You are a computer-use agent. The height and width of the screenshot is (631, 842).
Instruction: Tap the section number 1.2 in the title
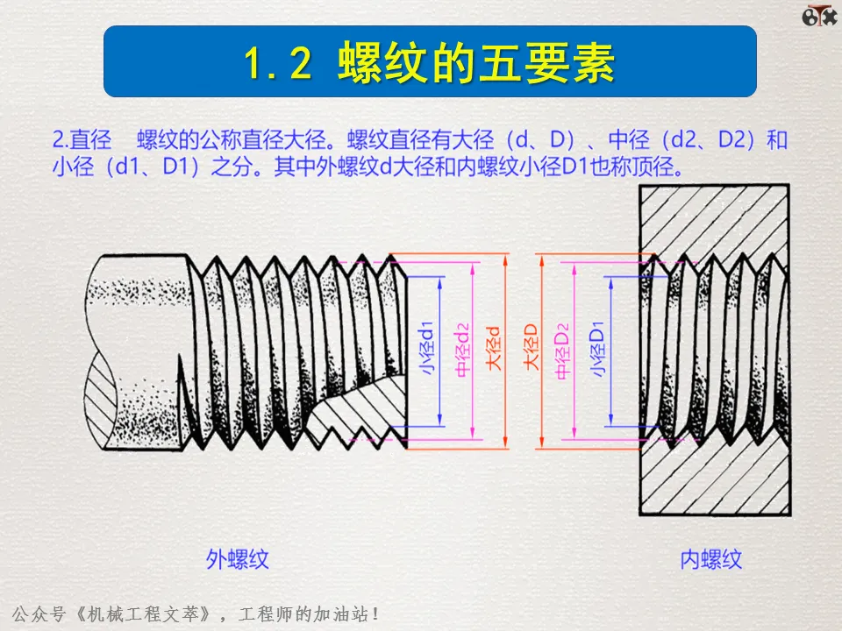(278, 64)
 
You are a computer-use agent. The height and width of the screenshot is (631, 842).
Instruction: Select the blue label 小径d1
(428, 350)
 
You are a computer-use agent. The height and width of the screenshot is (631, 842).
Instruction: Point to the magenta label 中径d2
(463, 350)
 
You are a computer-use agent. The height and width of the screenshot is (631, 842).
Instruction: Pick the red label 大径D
(531, 350)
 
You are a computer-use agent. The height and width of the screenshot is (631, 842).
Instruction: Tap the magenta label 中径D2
(566, 350)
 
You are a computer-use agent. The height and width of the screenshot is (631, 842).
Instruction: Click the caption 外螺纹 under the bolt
(237, 559)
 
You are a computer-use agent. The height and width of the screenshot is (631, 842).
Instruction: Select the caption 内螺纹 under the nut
(710, 559)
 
